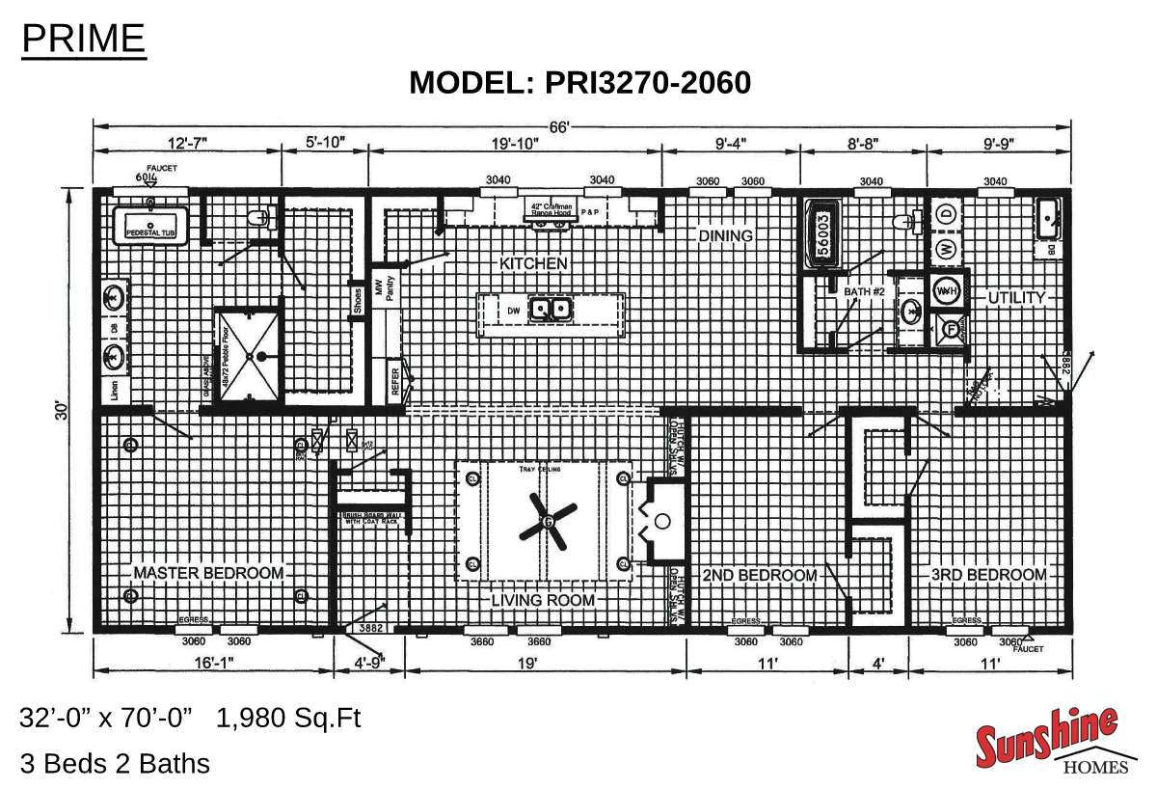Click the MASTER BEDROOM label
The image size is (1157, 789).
pos(208,573)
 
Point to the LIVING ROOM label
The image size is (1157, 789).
pos(543,600)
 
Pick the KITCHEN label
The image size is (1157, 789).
pos(533,262)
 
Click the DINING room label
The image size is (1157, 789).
pos(725,235)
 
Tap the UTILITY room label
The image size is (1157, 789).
pos(1015,298)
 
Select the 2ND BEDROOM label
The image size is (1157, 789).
pos(760,575)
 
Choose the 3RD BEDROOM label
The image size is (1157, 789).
pos(988,575)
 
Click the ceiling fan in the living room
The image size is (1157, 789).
pos(547,521)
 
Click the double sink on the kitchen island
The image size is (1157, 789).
pos(553,310)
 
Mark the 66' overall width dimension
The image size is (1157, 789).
pos(580,126)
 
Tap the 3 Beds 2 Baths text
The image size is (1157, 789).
pos(115,764)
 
